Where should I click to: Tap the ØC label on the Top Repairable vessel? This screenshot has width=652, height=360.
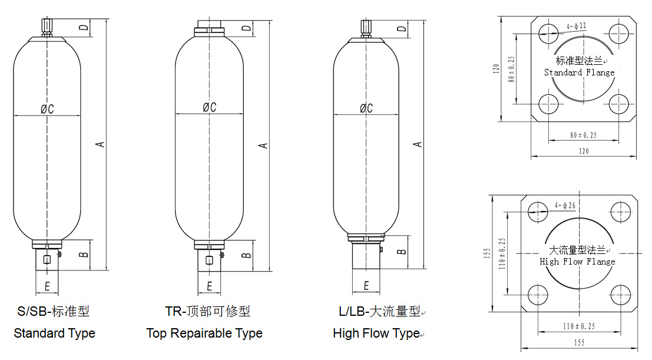pos(209,107)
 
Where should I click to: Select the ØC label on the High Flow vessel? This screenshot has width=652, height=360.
pos(366,108)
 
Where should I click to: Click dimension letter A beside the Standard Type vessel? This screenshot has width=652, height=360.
pos(101,143)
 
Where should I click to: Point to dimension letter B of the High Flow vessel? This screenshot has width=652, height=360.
pos(402,250)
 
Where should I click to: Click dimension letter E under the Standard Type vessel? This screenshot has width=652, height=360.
pos(47,287)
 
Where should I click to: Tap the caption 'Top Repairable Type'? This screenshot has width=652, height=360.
pos(204,333)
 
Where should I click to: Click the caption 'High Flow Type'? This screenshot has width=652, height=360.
pos(376,333)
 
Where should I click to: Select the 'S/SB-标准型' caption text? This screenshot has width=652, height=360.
pos(53,311)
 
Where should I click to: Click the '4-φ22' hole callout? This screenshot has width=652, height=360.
pos(575,26)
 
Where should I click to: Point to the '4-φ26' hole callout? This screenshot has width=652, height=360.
pos(565,206)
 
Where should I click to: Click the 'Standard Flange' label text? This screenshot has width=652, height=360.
pos(579,72)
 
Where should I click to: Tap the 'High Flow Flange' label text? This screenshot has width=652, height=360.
pos(577,262)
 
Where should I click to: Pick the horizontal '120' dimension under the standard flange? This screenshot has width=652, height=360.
pos(583,151)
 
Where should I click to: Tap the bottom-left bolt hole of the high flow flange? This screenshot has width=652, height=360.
pos(538,293)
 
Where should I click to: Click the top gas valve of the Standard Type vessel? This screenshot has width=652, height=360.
pos(48,27)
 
